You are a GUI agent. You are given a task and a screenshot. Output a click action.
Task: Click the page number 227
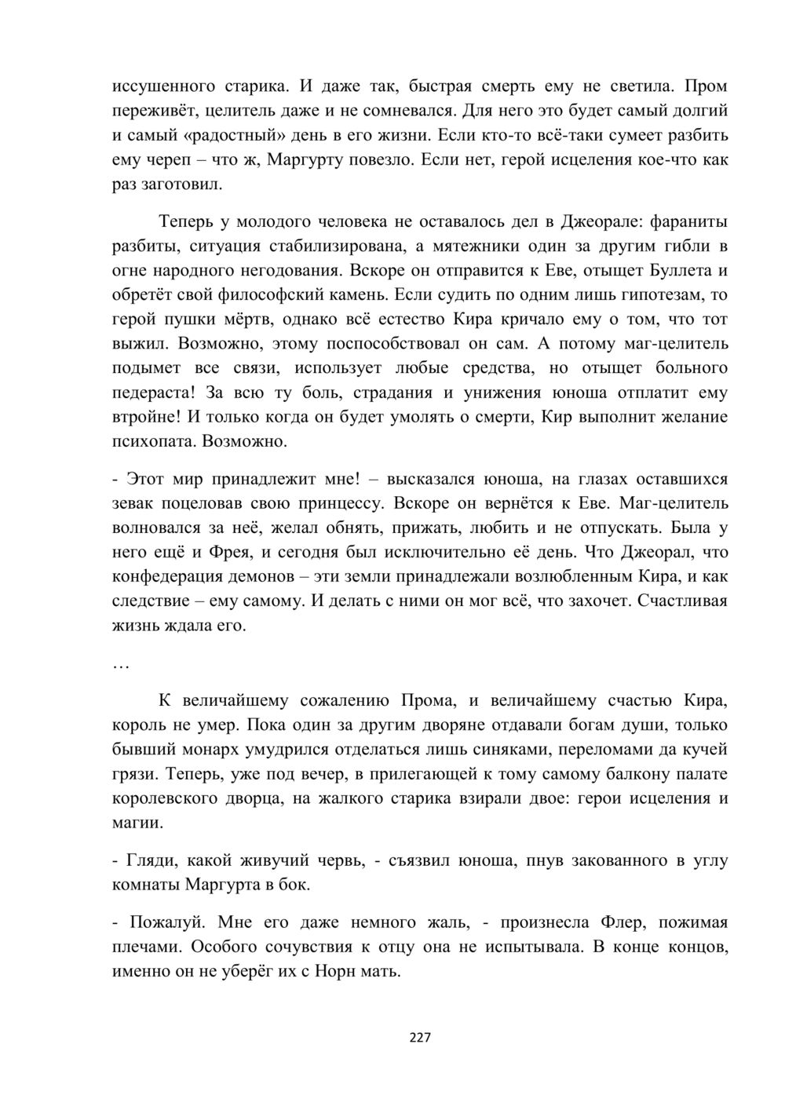point(420,1038)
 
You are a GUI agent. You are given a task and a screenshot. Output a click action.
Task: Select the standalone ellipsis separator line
point(120,663)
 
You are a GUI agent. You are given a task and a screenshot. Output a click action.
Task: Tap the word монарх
point(228,750)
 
